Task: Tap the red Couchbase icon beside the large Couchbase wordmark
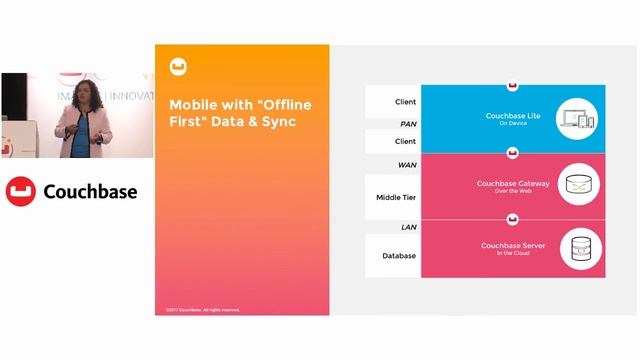[x=22, y=190]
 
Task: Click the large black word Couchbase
[x=91, y=190]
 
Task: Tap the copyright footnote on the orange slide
[x=203, y=309]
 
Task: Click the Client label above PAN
[x=405, y=102]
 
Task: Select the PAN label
[x=407, y=123]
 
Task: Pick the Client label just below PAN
[x=405, y=142]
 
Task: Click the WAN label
[x=407, y=165]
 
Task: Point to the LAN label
[x=408, y=227]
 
